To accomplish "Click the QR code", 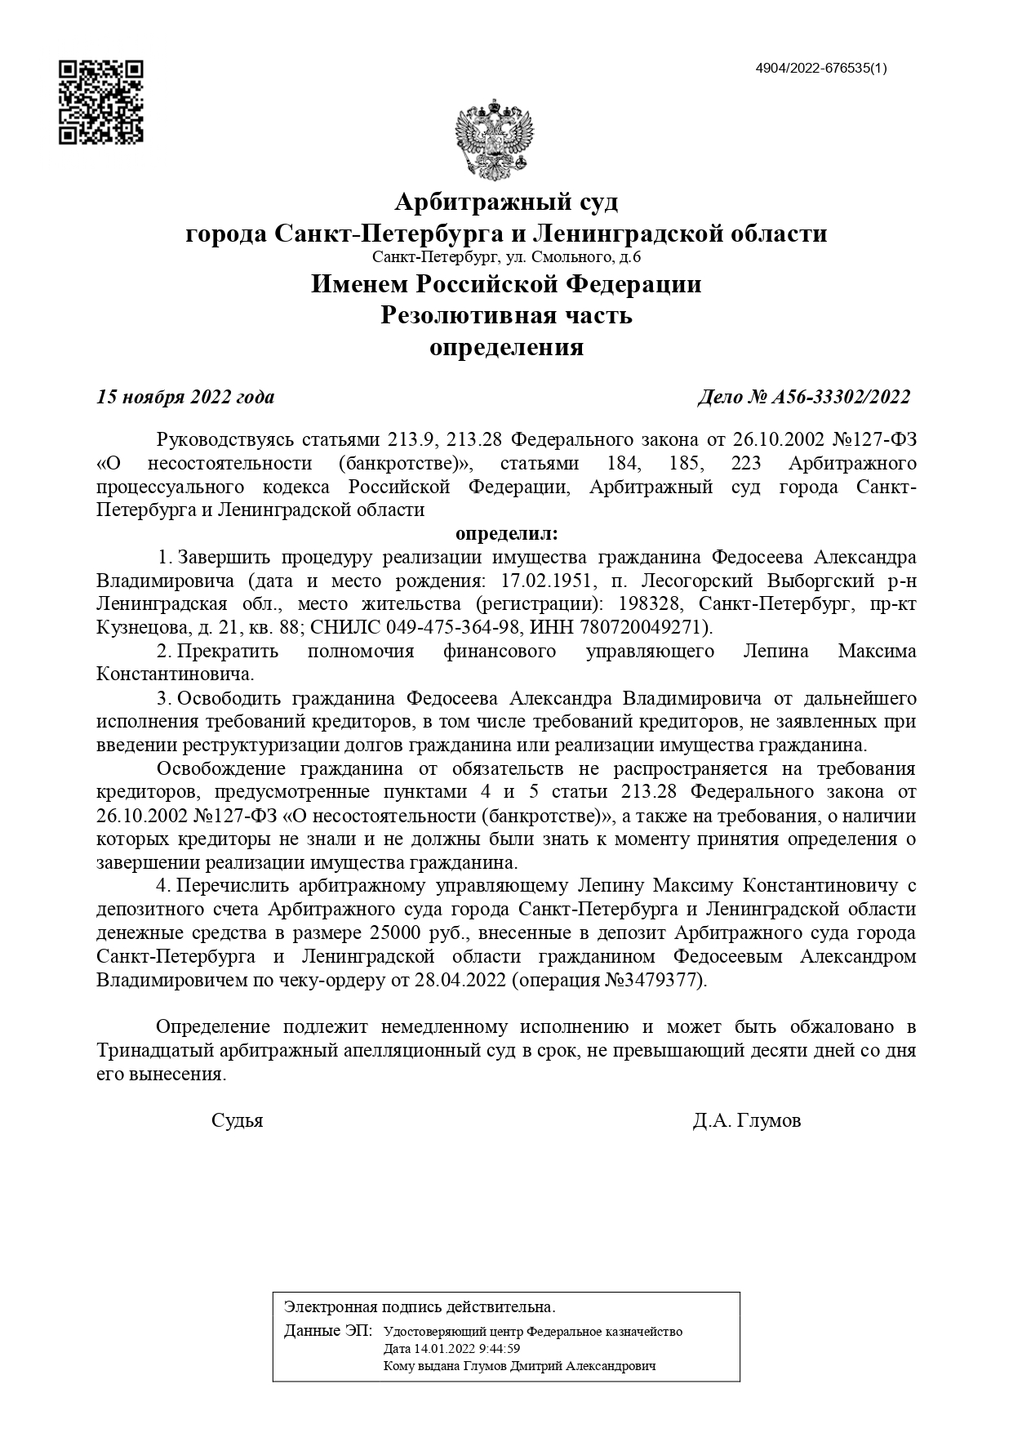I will tap(101, 101).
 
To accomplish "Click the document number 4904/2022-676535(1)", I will tap(821, 68).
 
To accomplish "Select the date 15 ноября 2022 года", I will tap(185, 398).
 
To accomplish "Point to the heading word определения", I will tap(506, 348).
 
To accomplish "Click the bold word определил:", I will tap(506, 534).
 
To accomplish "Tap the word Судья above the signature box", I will tap(237, 1120).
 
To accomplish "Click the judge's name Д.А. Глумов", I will tap(746, 1120).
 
